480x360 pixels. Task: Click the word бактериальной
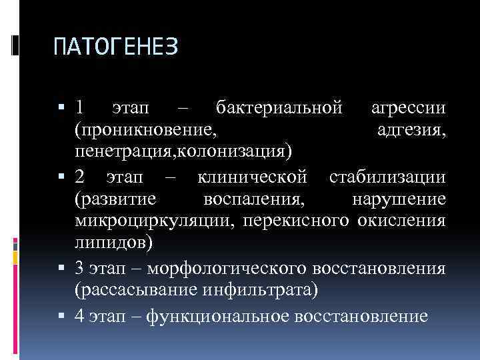tap(279, 107)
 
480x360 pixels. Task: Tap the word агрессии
tap(409, 107)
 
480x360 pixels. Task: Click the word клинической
tap(253, 178)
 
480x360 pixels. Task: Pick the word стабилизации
tap(387, 178)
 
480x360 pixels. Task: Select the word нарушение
tap(399, 199)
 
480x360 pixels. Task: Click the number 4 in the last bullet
tap(79, 315)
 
